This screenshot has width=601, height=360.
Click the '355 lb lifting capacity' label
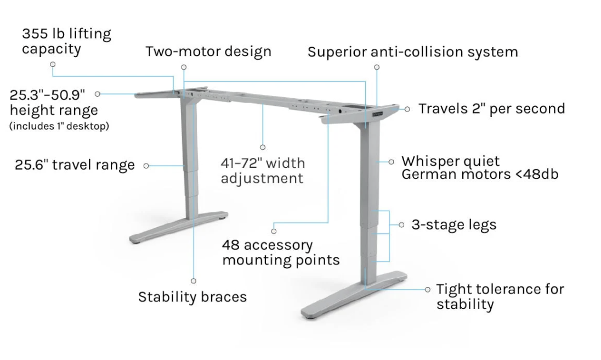coord(66,41)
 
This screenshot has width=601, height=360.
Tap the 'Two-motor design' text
coord(208,52)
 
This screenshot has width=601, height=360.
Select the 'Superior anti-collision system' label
coord(412,52)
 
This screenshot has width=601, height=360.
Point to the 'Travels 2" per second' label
coord(491,108)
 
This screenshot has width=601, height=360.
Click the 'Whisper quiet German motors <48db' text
coord(480,168)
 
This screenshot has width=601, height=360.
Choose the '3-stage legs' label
coord(453,224)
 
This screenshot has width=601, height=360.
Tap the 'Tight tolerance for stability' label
coord(500,296)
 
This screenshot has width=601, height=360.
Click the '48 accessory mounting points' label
coord(280,252)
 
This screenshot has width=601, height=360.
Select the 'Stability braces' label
coord(192,297)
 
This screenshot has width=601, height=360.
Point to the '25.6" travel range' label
coord(75,165)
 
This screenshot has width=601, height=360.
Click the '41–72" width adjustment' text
coord(263,171)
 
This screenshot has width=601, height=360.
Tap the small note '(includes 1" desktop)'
coord(59,126)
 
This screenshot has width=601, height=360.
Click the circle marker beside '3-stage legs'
coord(401,225)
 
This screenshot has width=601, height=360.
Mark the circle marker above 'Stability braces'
coord(193,281)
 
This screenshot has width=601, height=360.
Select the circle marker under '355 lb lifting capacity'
coord(53,64)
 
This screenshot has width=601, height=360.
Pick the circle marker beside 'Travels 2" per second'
coord(407,109)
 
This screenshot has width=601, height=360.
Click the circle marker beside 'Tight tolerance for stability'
coord(428,289)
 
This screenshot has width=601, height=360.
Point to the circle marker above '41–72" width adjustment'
coord(263,147)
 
